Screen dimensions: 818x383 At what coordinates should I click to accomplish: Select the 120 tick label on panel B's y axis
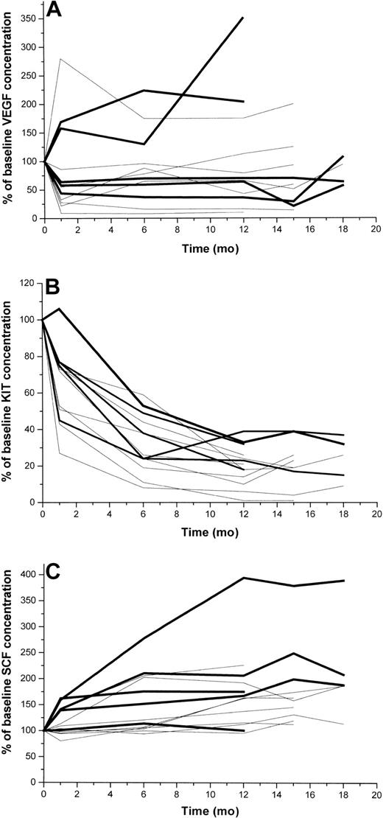(29, 283)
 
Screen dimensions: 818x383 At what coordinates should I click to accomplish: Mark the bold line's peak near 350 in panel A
(243, 17)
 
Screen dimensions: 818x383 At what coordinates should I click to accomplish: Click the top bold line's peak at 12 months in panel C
(243, 578)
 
